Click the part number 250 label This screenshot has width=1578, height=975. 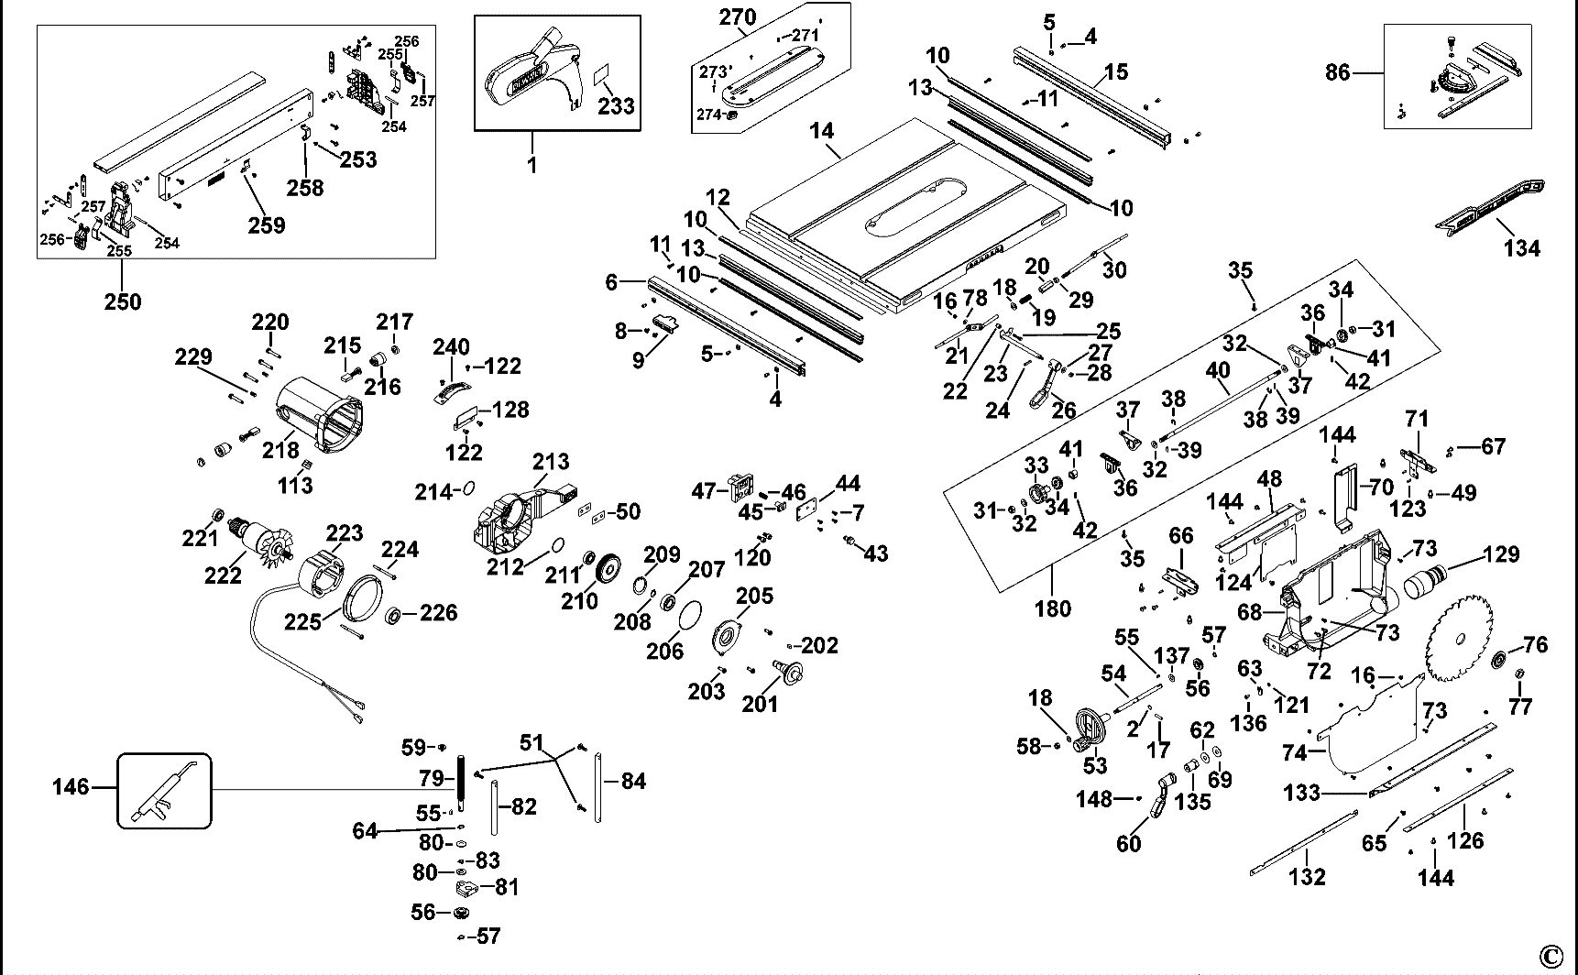(122, 301)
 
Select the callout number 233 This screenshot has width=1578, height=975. (616, 105)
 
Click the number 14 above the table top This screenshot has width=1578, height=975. (822, 131)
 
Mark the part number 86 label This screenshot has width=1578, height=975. (1338, 71)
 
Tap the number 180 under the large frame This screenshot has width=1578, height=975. (1052, 608)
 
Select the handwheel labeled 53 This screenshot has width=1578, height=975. (1089, 730)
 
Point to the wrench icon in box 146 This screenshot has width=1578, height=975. (164, 789)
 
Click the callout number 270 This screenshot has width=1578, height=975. (738, 16)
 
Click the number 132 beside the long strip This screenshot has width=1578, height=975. (1307, 876)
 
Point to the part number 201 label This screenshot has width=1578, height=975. (760, 703)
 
